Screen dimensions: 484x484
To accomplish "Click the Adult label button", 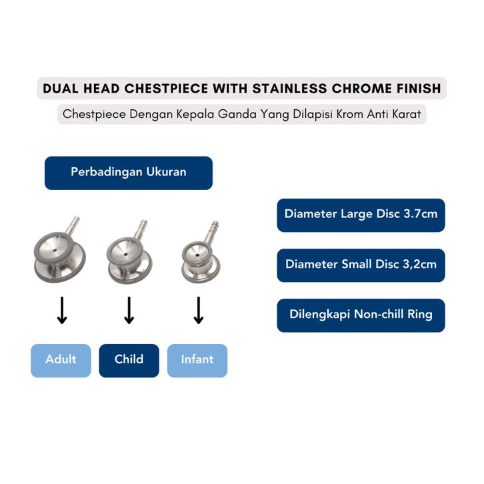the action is pyautogui.click(x=61, y=361).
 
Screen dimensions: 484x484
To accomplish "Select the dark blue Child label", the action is pyautogui.click(x=129, y=361).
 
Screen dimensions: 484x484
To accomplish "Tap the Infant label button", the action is pyautogui.click(x=197, y=361).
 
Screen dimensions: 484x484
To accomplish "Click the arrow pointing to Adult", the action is pyautogui.click(x=62, y=310).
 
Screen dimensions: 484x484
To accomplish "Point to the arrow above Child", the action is pyautogui.click(x=129, y=310).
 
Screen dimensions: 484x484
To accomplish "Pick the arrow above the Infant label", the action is pyautogui.click(x=199, y=310).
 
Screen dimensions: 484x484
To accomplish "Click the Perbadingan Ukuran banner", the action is pyautogui.click(x=129, y=173).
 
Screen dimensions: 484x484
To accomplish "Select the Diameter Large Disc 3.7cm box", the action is pyautogui.click(x=361, y=215).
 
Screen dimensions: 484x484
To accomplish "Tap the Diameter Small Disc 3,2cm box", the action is pyautogui.click(x=361, y=265).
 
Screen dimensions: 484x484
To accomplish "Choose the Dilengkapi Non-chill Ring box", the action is pyautogui.click(x=361, y=315).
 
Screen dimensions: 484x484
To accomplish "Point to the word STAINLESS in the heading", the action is pyautogui.click(x=289, y=89).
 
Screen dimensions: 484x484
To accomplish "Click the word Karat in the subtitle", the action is pyautogui.click(x=407, y=114).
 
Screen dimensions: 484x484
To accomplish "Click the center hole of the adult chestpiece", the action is pyautogui.click(x=55, y=251).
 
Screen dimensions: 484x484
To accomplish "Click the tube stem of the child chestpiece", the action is pyautogui.click(x=141, y=229).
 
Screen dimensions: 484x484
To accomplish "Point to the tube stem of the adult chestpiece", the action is pyautogui.click(x=72, y=225).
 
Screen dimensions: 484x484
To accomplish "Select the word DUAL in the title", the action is pyautogui.click(x=61, y=89).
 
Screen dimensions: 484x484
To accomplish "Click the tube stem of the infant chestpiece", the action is pyautogui.click(x=211, y=231).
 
